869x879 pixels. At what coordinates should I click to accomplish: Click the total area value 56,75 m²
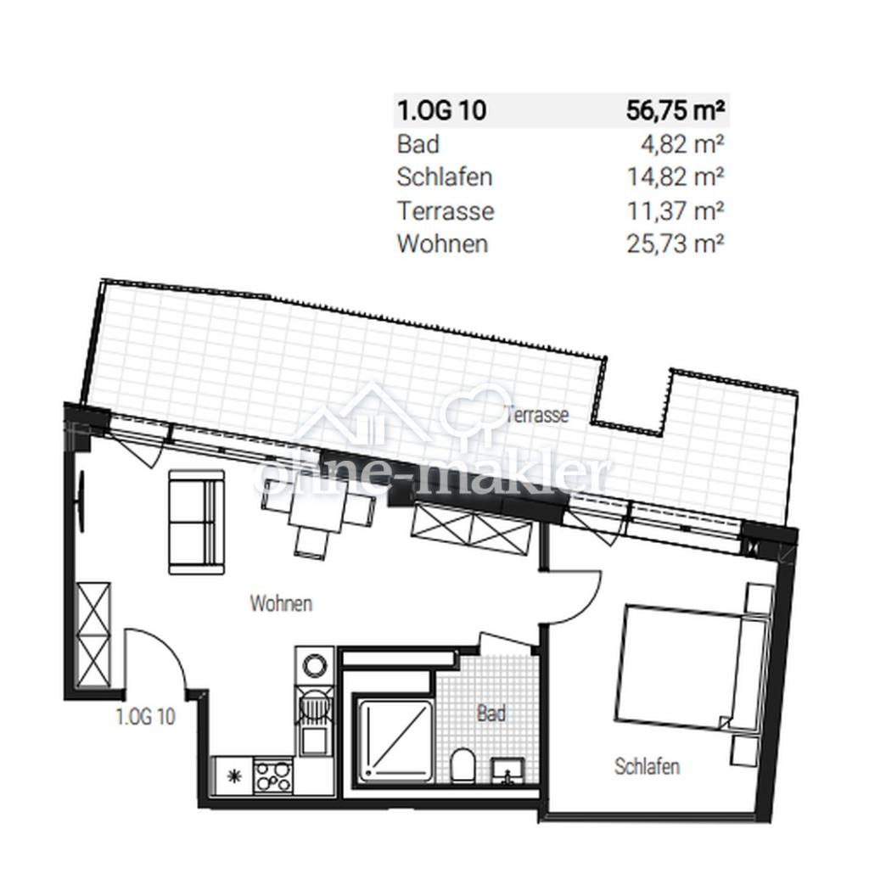point(675,110)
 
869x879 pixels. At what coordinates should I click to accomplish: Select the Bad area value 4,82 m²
point(682,144)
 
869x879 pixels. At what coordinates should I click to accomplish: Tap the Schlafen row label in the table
point(445,177)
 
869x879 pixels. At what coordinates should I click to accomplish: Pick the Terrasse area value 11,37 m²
point(676,210)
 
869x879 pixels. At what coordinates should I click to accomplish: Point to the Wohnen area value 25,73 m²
point(675,244)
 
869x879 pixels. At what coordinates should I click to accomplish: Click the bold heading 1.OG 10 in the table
point(441,110)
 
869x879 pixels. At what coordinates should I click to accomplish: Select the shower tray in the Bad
point(395,740)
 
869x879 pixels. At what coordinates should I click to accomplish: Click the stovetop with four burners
point(273,775)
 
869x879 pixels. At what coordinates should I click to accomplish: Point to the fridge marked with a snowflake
point(233,775)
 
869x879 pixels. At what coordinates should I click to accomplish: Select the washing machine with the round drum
point(314,667)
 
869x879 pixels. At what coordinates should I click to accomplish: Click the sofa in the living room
point(197,522)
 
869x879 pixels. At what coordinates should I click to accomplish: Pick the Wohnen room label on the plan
point(281,604)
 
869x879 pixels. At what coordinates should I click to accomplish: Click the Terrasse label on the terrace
point(537,415)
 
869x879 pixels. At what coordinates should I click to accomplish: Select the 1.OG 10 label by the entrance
point(146,716)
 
